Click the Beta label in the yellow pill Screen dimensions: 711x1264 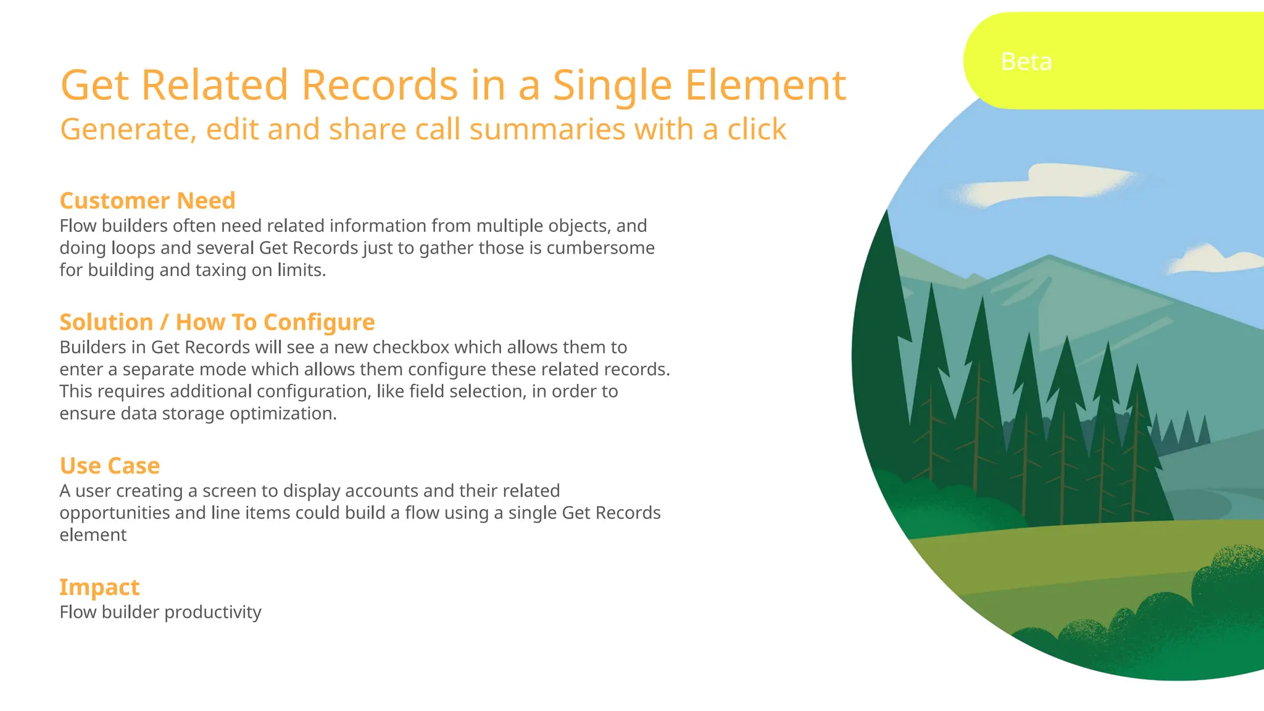click(x=1026, y=62)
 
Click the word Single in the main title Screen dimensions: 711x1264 click(x=612, y=85)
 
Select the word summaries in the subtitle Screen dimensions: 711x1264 click(x=547, y=130)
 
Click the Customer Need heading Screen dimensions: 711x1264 click(x=148, y=201)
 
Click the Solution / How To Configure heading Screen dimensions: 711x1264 click(x=217, y=322)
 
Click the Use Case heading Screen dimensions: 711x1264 click(x=110, y=465)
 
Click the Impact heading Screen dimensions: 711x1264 click(x=99, y=587)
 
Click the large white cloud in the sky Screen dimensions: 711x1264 click(x=1049, y=183)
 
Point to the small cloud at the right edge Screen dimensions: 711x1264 click(x=1213, y=259)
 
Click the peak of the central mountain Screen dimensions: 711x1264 click(x=1049, y=256)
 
